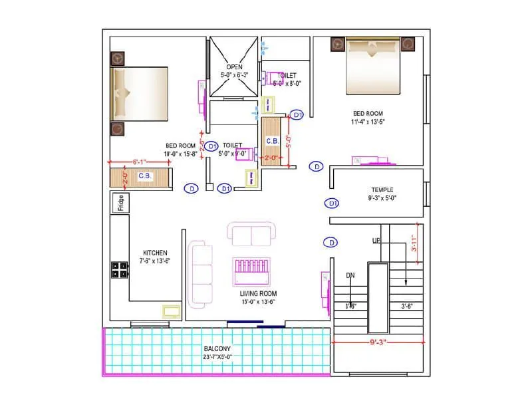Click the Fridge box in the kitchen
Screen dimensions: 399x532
[121, 202]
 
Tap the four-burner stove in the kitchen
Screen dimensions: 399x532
[120, 269]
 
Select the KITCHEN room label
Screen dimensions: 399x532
[155, 253]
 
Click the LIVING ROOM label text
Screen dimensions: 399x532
[258, 293]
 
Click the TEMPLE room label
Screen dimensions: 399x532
[382, 190]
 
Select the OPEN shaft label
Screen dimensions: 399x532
[233, 67]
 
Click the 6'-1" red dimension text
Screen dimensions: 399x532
[139, 161]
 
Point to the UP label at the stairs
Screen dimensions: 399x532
[376, 240]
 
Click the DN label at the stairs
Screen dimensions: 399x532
[350, 275]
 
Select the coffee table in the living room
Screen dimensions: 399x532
[251, 272]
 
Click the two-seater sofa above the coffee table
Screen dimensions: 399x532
[251, 235]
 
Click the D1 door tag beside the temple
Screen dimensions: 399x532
[332, 203]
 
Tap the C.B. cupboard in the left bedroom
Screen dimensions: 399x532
[144, 177]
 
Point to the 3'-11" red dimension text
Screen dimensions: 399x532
[414, 243]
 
